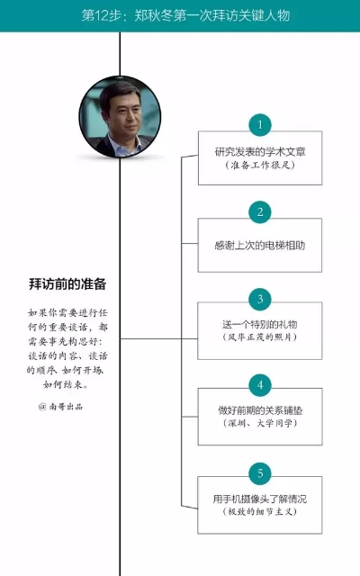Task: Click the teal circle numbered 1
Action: pos(260,125)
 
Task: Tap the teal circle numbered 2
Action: pos(260,212)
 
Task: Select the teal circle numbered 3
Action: pos(260,299)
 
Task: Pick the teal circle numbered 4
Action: pos(260,385)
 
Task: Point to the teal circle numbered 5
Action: pos(260,473)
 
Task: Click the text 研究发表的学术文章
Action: pos(260,152)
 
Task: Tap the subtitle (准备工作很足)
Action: pos(260,165)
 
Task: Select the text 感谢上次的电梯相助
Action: pos(260,245)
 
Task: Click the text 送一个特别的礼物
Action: pos(260,324)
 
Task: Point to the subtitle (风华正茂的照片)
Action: pos(260,337)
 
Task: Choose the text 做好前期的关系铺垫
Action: pos(260,410)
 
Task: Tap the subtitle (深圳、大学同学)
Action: pos(260,423)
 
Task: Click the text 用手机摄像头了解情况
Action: pos(260,499)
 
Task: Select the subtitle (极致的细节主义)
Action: pos(260,511)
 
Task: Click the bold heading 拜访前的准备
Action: pos(67,284)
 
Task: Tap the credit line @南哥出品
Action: pos(60,406)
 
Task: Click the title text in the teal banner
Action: pos(185,15)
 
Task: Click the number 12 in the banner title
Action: pos(101,15)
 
